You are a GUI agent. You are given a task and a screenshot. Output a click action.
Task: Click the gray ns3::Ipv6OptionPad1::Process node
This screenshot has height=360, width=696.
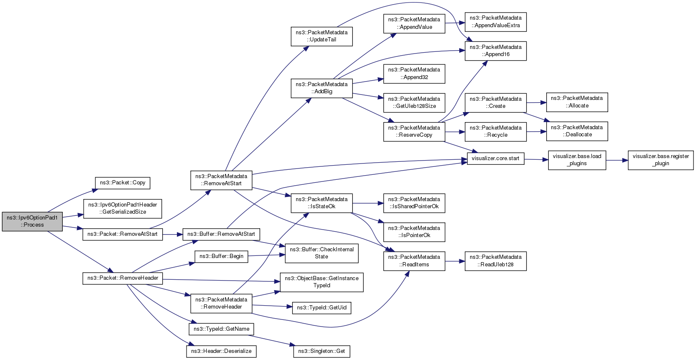(32, 222)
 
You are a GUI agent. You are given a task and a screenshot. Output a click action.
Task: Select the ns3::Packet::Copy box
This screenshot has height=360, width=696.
(123, 183)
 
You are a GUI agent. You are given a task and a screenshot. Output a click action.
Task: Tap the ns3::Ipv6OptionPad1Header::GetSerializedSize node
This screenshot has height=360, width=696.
(123, 208)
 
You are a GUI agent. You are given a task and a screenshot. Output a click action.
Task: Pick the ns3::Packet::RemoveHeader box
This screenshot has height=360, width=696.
(123, 278)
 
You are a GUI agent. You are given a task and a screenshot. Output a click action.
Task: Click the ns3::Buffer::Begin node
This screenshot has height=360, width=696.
(221, 257)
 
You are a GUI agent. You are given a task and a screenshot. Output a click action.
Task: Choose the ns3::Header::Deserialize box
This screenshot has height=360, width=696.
(221, 351)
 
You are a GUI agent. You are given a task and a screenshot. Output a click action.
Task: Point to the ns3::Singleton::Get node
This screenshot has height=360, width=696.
(322, 351)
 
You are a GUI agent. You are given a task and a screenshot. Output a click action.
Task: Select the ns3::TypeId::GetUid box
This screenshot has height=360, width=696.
(322, 308)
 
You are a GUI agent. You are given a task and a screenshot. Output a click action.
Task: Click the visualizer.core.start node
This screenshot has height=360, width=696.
(496, 159)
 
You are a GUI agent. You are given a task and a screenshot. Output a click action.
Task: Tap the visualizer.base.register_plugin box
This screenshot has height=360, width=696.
(660, 160)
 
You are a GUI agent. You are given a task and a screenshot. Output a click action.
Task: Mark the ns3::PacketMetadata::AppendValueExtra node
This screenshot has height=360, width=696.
(496, 22)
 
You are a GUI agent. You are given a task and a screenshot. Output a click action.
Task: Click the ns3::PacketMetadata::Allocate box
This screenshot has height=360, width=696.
(577, 102)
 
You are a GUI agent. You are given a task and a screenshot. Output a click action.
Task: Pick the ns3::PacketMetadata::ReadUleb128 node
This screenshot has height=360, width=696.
(496, 261)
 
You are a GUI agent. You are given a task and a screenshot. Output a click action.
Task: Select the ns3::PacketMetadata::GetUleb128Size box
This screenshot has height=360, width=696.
(414, 103)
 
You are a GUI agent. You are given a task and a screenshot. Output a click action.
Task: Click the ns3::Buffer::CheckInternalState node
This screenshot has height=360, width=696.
(322, 253)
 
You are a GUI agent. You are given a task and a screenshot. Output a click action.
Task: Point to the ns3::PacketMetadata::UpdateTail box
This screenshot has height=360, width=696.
(322, 36)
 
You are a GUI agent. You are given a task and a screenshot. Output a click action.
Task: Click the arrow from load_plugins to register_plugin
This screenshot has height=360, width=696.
(617, 161)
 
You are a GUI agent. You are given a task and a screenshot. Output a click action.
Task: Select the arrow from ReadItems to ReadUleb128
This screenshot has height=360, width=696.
(455, 261)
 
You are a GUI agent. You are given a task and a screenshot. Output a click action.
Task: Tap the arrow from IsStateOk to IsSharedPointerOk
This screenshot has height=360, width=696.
(368, 204)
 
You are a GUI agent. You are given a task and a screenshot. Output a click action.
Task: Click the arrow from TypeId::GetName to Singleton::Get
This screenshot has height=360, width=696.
(271, 340)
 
